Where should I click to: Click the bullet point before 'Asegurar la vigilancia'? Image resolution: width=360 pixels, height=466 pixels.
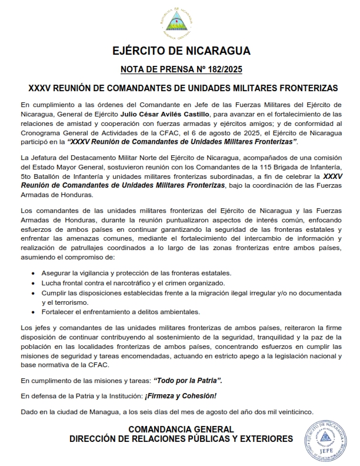click(32, 274)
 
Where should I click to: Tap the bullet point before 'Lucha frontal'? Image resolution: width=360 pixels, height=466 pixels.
click(32, 283)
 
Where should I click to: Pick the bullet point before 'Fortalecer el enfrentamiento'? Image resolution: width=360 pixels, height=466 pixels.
click(32, 312)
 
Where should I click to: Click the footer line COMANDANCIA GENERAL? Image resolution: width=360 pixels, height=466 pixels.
click(181, 430)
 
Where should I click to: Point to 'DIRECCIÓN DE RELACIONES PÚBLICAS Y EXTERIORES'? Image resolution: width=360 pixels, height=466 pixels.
click(181, 439)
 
